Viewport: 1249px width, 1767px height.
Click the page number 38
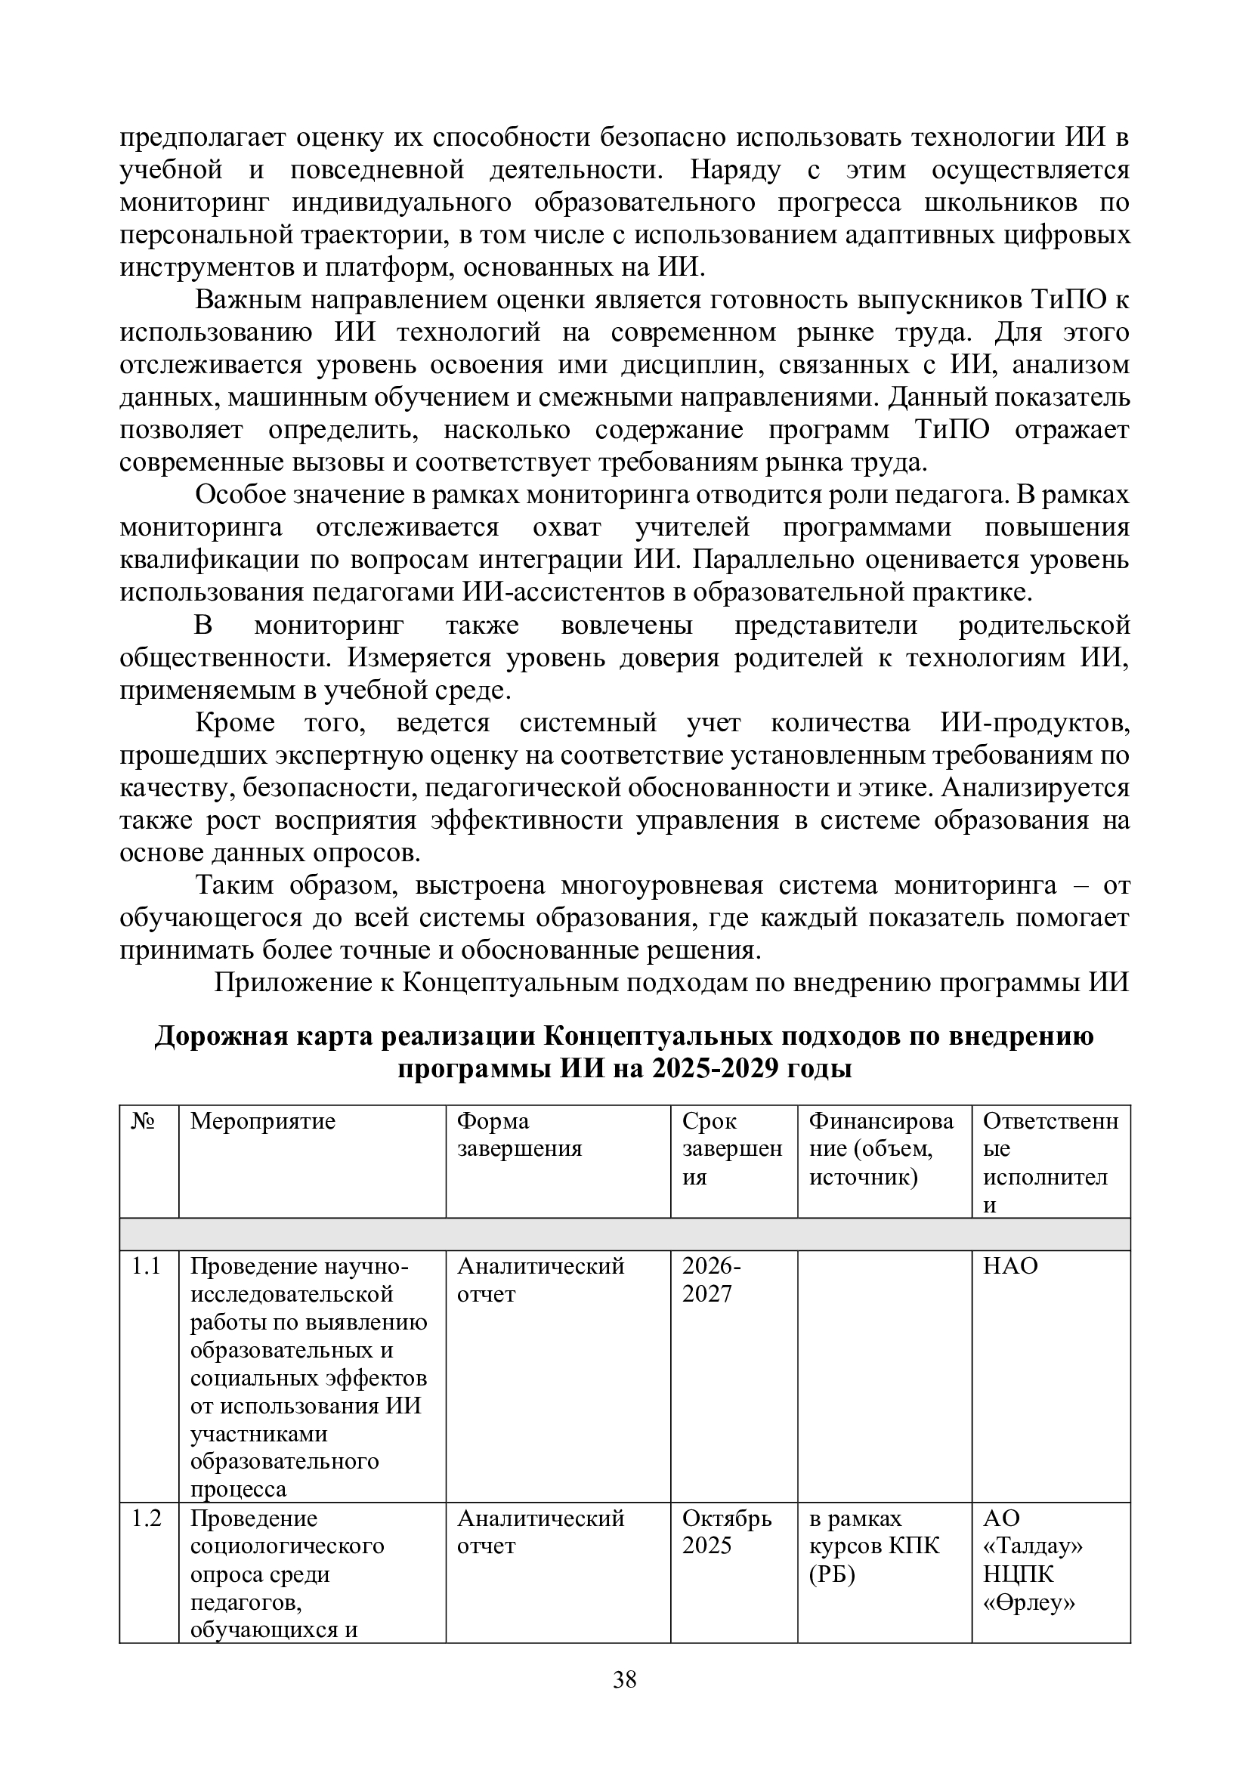(624, 1680)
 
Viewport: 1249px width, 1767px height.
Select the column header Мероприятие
(262, 1121)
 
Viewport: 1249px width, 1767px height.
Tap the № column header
(143, 1121)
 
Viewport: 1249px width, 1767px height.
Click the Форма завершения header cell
(519, 1135)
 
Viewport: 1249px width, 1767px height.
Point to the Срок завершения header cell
(732, 1149)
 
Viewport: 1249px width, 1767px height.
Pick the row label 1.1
(147, 1266)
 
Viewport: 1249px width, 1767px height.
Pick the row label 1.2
(147, 1518)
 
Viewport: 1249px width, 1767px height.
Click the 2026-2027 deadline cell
(712, 1280)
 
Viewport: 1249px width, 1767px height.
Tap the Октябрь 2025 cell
(726, 1532)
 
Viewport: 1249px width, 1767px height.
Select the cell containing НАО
(1010, 1266)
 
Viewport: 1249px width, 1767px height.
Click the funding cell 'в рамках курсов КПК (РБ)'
(874, 1546)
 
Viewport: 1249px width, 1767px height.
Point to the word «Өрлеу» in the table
(1029, 1602)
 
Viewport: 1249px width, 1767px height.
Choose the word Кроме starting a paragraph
(235, 723)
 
